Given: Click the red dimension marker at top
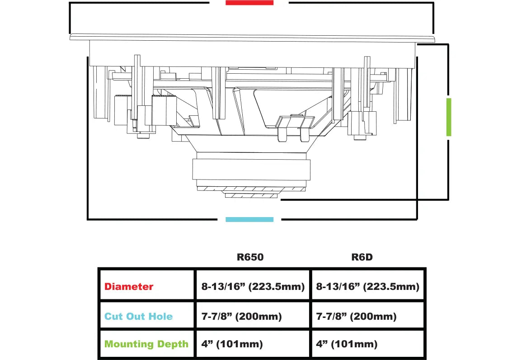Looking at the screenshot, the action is coord(249,3).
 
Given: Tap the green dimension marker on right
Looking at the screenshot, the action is coord(449,117).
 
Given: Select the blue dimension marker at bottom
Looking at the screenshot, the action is coord(249,220).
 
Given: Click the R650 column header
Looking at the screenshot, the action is coord(250,257).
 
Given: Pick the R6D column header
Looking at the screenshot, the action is coord(362,257).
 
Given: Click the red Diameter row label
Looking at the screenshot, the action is coord(129,286).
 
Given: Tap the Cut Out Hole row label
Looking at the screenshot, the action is coord(138,316).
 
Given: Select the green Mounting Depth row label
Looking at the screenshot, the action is coord(146,344).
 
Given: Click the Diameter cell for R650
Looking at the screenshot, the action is coord(253,286).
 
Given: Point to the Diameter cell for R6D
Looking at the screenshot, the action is coord(368,286).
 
